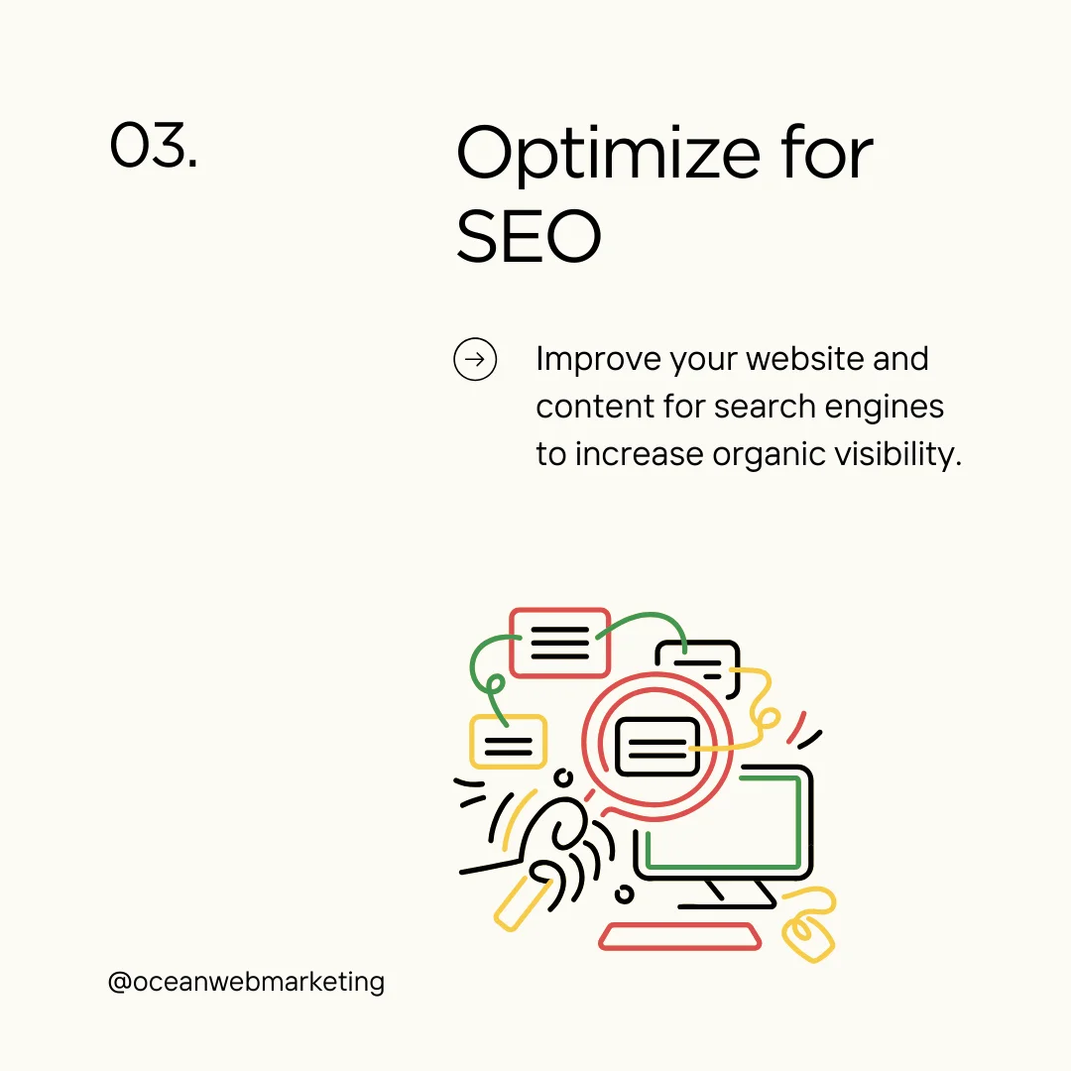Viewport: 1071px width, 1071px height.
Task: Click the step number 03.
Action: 153,145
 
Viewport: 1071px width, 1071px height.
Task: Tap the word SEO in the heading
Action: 529,238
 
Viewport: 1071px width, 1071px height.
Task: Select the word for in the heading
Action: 828,155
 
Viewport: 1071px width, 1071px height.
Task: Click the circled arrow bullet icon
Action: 475,359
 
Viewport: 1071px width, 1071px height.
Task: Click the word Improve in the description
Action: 598,359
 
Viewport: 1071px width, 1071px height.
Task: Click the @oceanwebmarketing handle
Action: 246,982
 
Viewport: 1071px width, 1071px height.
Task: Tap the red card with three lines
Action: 559,643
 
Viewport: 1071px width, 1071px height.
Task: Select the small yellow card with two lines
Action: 508,742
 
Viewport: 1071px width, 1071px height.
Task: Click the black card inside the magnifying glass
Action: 656,747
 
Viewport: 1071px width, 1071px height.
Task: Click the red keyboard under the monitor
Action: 680,936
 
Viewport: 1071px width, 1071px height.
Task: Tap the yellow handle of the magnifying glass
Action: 522,902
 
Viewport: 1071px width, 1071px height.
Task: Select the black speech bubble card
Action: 698,656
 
